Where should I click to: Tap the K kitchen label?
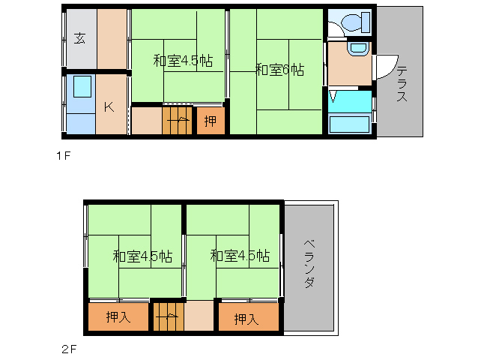(109, 106)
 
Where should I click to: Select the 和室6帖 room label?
(279, 70)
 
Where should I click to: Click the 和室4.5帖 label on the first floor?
(183, 61)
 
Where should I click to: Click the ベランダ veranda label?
(309, 264)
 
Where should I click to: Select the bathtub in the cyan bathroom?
(349, 124)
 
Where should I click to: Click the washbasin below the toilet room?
(357, 49)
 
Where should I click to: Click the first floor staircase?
(178, 121)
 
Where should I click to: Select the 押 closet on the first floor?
(211, 120)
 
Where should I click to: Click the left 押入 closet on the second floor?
(118, 317)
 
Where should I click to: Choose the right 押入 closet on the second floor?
(246, 318)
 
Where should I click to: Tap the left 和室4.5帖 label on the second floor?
(142, 256)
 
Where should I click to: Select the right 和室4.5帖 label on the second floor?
(240, 256)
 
